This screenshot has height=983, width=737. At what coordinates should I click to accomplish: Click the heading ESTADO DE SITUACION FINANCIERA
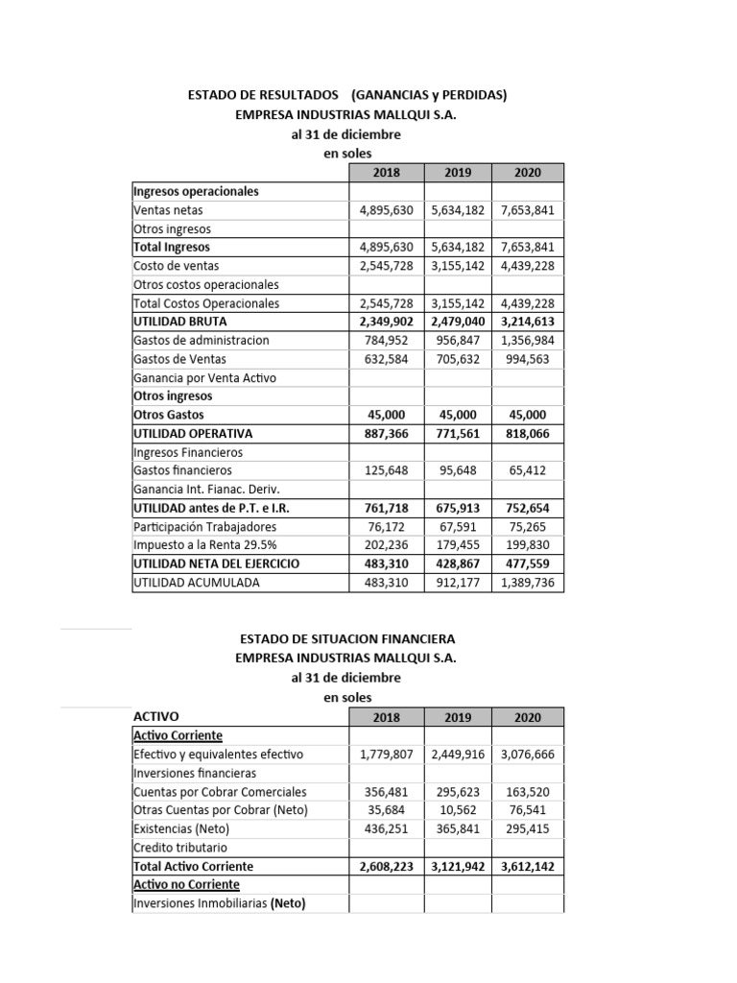point(346,638)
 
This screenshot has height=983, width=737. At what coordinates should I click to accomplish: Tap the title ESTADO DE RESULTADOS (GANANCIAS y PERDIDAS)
point(346,95)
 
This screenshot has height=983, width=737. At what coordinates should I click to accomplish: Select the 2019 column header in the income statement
point(458,173)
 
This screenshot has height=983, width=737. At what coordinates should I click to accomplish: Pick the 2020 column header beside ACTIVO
point(527,717)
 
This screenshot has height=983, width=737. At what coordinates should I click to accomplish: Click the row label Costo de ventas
point(176,266)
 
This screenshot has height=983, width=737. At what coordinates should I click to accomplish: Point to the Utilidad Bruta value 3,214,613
point(527,322)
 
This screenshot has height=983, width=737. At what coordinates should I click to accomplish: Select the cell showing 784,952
point(384,340)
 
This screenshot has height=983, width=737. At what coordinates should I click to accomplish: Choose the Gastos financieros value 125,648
point(384,470)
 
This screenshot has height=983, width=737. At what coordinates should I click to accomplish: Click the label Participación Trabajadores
point(204,526)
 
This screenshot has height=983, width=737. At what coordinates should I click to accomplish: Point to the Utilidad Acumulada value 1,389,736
point(527,582)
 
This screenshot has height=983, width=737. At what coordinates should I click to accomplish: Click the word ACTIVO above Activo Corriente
point(155,716)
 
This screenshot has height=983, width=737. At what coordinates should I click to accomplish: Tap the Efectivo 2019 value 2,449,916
point(458,755)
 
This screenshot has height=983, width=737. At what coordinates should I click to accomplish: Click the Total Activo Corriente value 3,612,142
point(527,866)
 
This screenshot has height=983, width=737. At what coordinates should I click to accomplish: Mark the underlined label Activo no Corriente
point(186,884)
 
